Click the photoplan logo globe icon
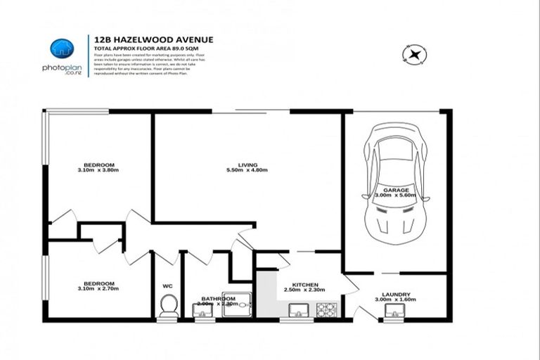[x=62, y=49]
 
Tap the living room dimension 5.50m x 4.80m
[x=246, y=171]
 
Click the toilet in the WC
[x=167, y=306]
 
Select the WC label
[x=167, y=286]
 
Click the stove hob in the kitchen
[x=327, y=309]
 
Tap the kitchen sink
[x=296, y=309]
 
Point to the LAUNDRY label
[x=396, y=294]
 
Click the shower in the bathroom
[x=231, y=305]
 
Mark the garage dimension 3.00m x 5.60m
[x=395, y=196]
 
